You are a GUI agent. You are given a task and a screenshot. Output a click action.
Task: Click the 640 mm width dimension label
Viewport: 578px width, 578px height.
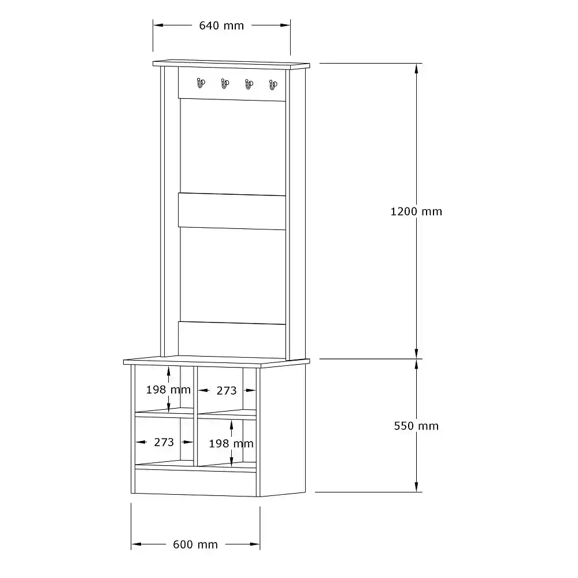point(221,25)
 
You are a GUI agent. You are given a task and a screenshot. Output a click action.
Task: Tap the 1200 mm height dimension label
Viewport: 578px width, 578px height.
point(416,212)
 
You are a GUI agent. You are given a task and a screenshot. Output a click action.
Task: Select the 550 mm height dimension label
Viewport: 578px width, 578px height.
point(416,426)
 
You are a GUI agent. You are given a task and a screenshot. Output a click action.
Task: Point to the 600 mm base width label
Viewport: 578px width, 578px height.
point(195,544)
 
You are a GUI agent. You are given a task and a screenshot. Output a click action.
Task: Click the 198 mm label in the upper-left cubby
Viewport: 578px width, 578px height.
point(168,390)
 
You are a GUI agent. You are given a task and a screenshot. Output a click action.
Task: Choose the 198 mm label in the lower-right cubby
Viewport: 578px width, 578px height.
point(231,443)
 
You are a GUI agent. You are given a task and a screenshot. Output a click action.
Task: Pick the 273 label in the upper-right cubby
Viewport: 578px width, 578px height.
point(227,391)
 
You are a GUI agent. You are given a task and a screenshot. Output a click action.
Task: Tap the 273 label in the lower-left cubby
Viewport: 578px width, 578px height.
point(164,442)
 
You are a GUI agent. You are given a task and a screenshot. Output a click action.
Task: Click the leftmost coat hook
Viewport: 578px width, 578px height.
point(201,83)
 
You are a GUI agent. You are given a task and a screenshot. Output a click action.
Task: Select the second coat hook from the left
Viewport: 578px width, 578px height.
point(225,84)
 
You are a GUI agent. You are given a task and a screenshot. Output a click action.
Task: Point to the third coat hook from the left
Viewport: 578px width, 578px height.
point(249,85)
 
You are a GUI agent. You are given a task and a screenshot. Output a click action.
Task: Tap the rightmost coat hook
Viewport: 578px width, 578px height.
point(273,85)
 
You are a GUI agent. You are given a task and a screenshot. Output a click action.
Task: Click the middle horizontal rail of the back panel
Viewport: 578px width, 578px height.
point(232,211)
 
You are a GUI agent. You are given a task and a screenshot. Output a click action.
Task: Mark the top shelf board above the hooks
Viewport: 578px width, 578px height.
point(232,65)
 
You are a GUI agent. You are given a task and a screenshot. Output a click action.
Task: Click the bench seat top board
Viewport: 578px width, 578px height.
point(216,362)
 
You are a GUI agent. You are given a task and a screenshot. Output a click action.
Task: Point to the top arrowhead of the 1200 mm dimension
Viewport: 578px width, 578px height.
point(417,69)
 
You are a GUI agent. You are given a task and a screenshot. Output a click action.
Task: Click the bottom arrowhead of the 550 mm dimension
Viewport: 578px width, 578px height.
point(417,486)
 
